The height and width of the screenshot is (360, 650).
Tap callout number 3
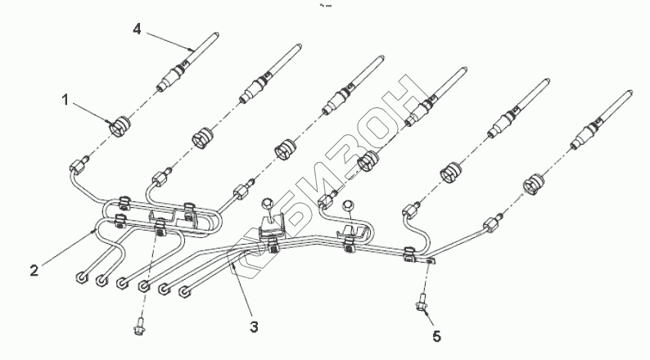pyautogui.click(x=254, y=326)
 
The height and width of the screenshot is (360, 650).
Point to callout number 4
pyautogui.click(x=138, y=29)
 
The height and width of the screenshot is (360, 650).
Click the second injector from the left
pyautogui.click(x=263, y=82)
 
